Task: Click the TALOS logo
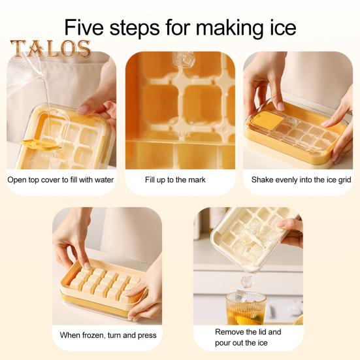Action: click(50, 49)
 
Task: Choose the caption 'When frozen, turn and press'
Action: click(108, 335)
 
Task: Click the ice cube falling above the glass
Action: click(246, 281)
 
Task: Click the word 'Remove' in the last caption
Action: click(230, 332)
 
